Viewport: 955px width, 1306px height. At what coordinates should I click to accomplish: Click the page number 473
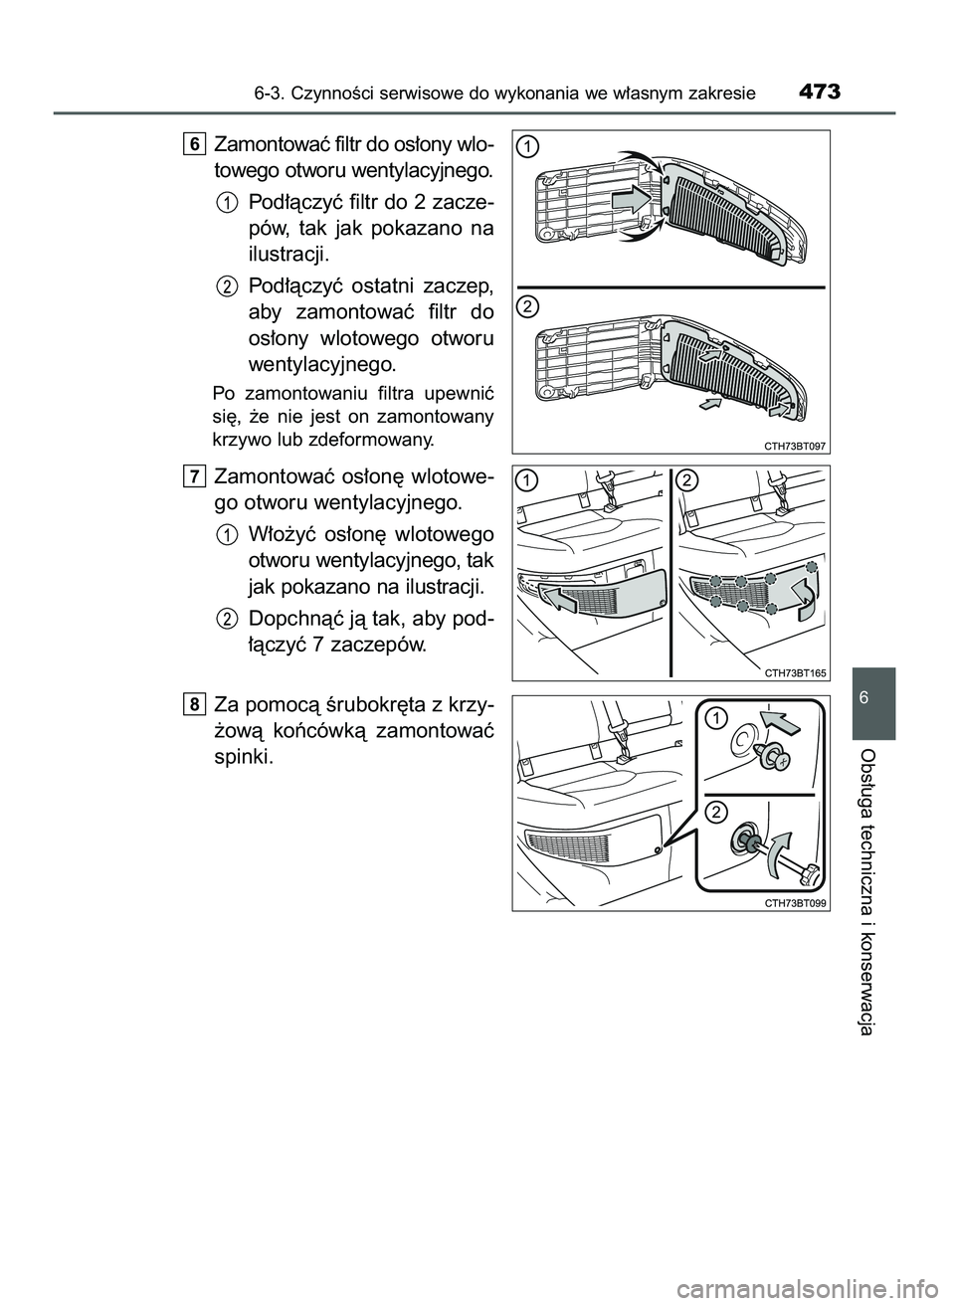819,94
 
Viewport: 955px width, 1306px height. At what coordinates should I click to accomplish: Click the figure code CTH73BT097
795,447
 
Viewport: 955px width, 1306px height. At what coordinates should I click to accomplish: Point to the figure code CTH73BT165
795,673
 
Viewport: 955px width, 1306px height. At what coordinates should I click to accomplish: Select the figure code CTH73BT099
795,902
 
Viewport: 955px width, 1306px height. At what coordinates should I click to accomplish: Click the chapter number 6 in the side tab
873,699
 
